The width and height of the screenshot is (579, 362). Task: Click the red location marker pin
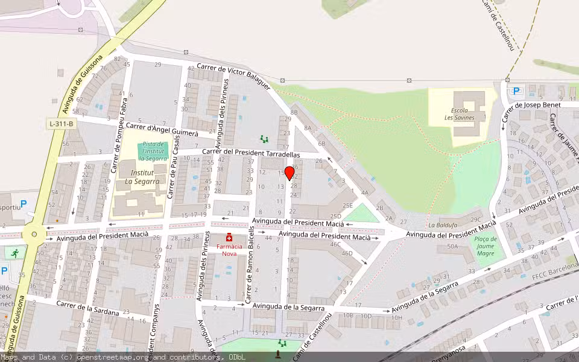289,173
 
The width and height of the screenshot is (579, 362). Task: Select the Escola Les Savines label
463,114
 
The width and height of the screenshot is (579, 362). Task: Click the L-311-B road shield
62,124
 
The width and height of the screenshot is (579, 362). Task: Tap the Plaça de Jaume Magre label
486,246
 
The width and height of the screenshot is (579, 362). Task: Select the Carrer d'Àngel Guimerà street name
162,129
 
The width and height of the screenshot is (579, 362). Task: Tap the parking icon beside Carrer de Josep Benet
516,91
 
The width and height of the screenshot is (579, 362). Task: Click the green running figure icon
15,252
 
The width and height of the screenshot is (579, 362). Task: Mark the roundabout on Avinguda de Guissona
34,234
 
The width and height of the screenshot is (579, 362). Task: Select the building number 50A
452,247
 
